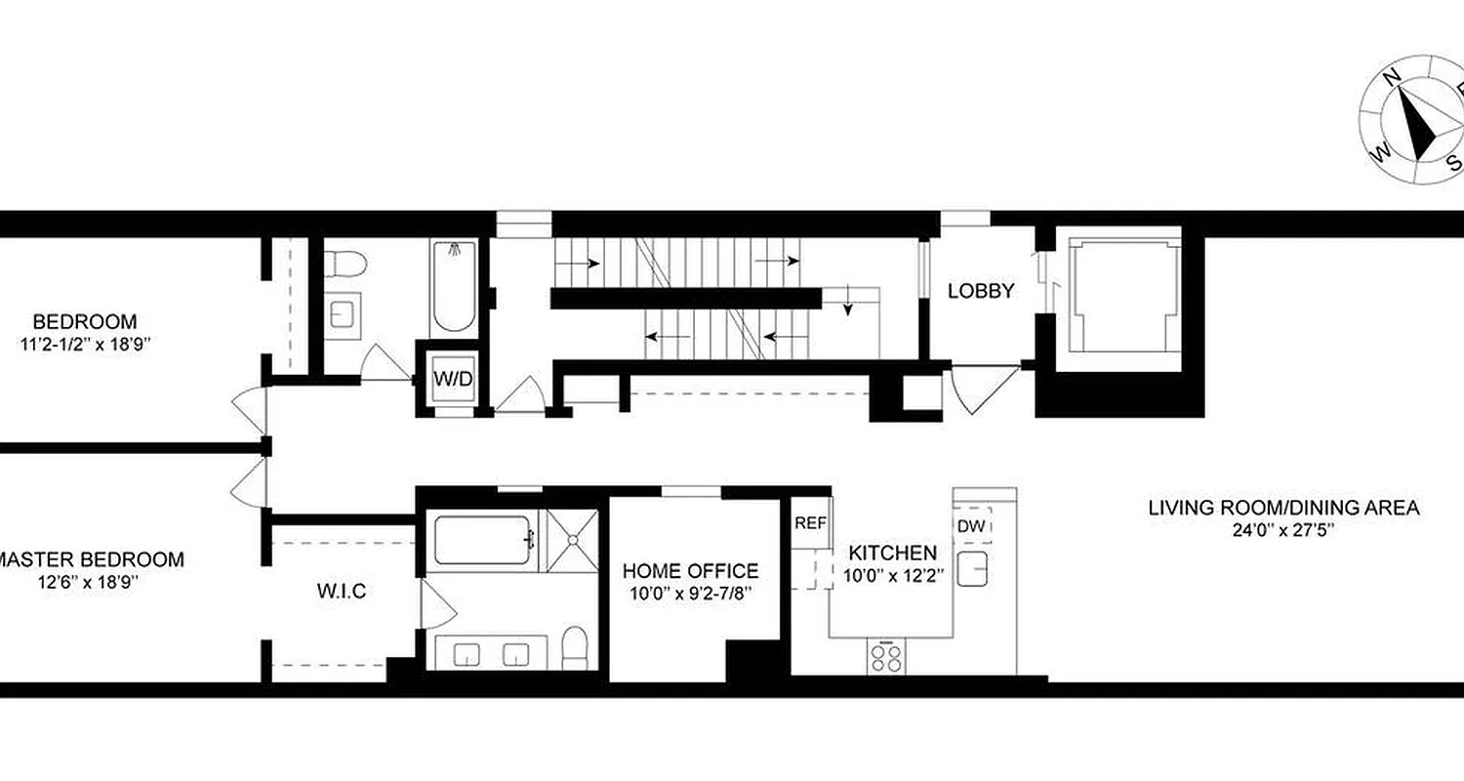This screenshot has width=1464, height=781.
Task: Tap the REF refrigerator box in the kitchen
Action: [x=810, y=523]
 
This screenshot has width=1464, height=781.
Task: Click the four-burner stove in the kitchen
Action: [x=886, y=655]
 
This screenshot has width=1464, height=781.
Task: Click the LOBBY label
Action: [x=981, y=290]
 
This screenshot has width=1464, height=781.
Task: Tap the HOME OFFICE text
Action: [x=690, y=571]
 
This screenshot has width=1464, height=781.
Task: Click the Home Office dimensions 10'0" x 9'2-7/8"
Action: [x=690, y=593]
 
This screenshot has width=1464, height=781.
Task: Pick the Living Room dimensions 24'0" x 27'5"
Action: [x=1282, y=530]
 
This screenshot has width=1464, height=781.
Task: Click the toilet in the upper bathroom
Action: [x=344, y=263]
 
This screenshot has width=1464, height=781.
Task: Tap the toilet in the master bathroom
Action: [x=575, y=647]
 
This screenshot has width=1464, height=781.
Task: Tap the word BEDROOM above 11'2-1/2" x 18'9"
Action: [x=85, y=321]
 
